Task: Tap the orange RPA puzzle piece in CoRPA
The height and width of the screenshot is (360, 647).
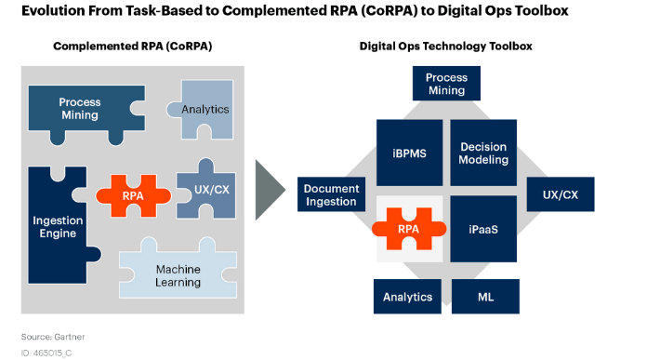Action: (133, 195)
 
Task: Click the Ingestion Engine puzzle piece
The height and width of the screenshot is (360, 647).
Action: (58, 226)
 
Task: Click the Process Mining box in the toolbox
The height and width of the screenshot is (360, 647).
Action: (445, 85)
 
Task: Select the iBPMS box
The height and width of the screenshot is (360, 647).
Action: (408, 153)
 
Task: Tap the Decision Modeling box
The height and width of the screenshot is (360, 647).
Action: (483, 153)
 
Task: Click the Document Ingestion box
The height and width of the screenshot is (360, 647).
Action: (331, 194)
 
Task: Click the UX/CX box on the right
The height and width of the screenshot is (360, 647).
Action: (560, 194)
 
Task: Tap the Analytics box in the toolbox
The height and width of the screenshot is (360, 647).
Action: (408, 297)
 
